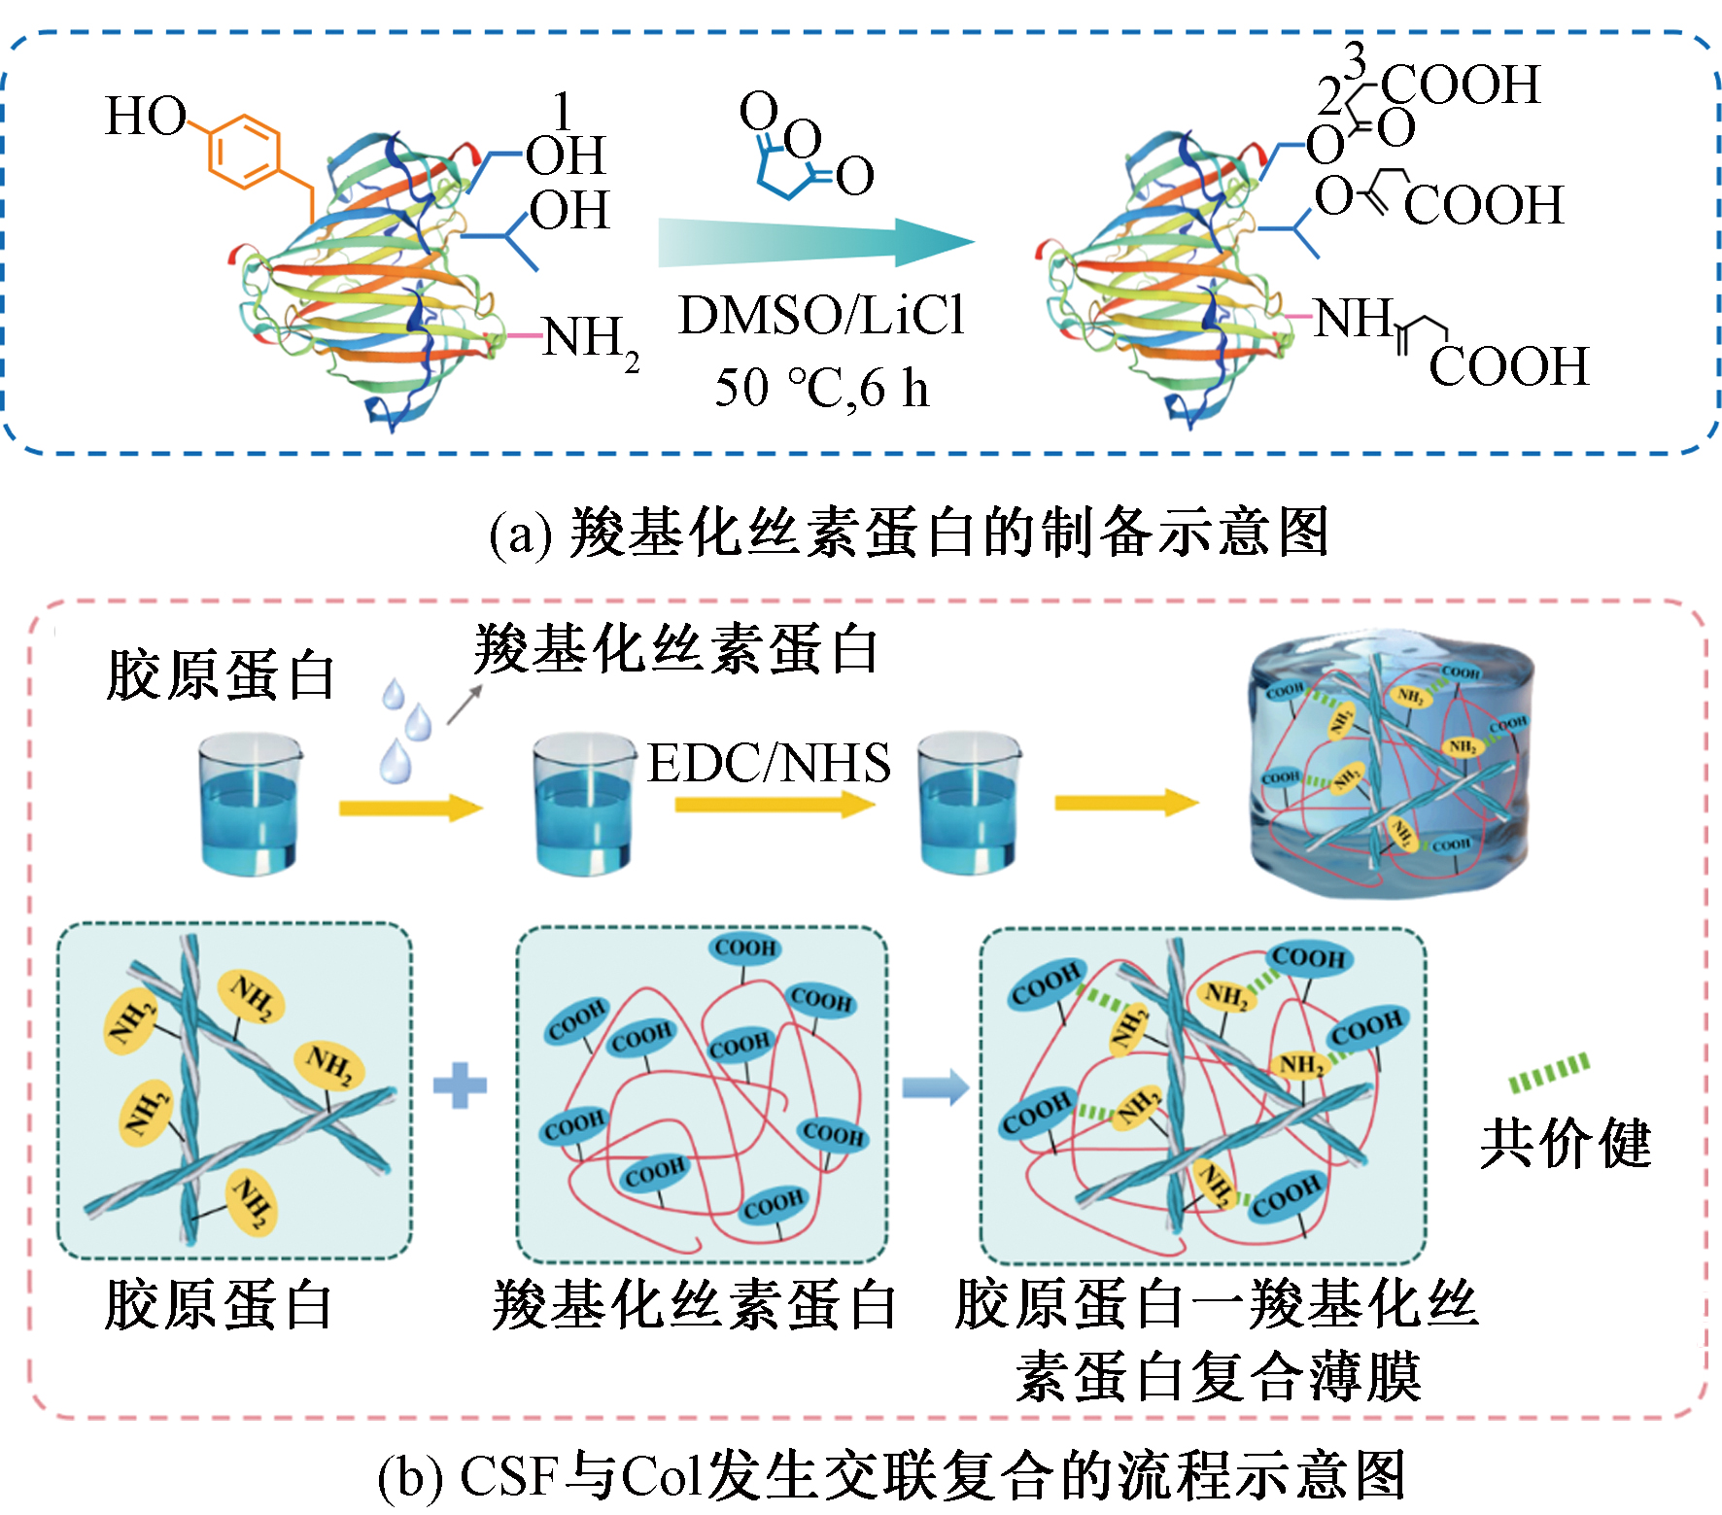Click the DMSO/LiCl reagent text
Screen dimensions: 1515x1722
821,316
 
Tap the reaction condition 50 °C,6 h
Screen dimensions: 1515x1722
821,388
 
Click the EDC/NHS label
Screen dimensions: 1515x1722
769,763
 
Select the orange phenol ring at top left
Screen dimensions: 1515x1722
244,151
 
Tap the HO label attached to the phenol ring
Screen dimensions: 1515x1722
145,117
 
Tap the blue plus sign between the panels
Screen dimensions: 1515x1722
460,1086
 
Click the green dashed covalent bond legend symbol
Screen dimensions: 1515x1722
1549,1072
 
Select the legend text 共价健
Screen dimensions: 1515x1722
1565,1144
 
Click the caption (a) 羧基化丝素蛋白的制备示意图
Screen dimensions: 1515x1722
909,533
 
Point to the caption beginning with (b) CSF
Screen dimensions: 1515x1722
891,1475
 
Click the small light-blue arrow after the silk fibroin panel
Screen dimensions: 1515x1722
935,1086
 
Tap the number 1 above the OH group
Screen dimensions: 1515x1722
563,112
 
